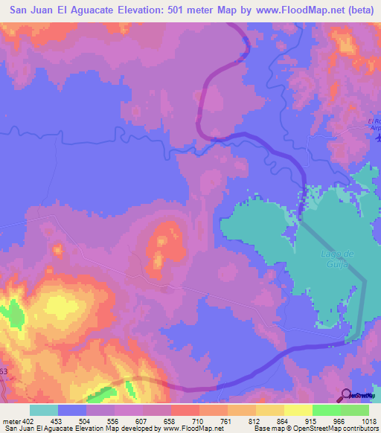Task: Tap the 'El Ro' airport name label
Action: (x=374, y=121)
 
